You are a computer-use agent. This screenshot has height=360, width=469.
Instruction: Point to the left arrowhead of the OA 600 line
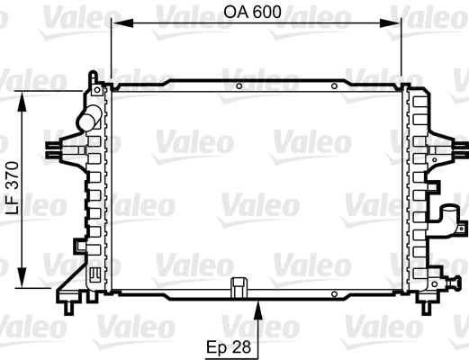tap(115, 22)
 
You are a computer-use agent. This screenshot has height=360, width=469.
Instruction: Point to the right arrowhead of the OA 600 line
tap(398, 22)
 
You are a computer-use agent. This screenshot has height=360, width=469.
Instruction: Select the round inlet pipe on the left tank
tap(87, 117)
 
